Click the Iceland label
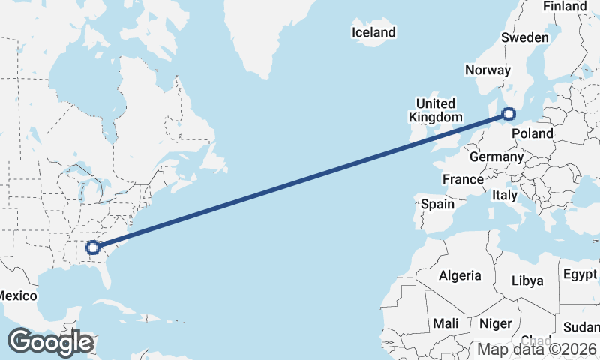373,32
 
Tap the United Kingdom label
435,110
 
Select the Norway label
487,70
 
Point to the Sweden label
526,37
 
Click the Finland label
565,7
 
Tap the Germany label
496,157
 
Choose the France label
463,180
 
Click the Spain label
437,204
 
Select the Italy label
505,196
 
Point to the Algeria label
460,275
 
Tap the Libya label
526,280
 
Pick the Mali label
445,323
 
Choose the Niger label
495,323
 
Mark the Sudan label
582,327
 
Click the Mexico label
17,295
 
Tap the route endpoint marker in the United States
93,247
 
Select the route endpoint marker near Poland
508,115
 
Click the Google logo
51,342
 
